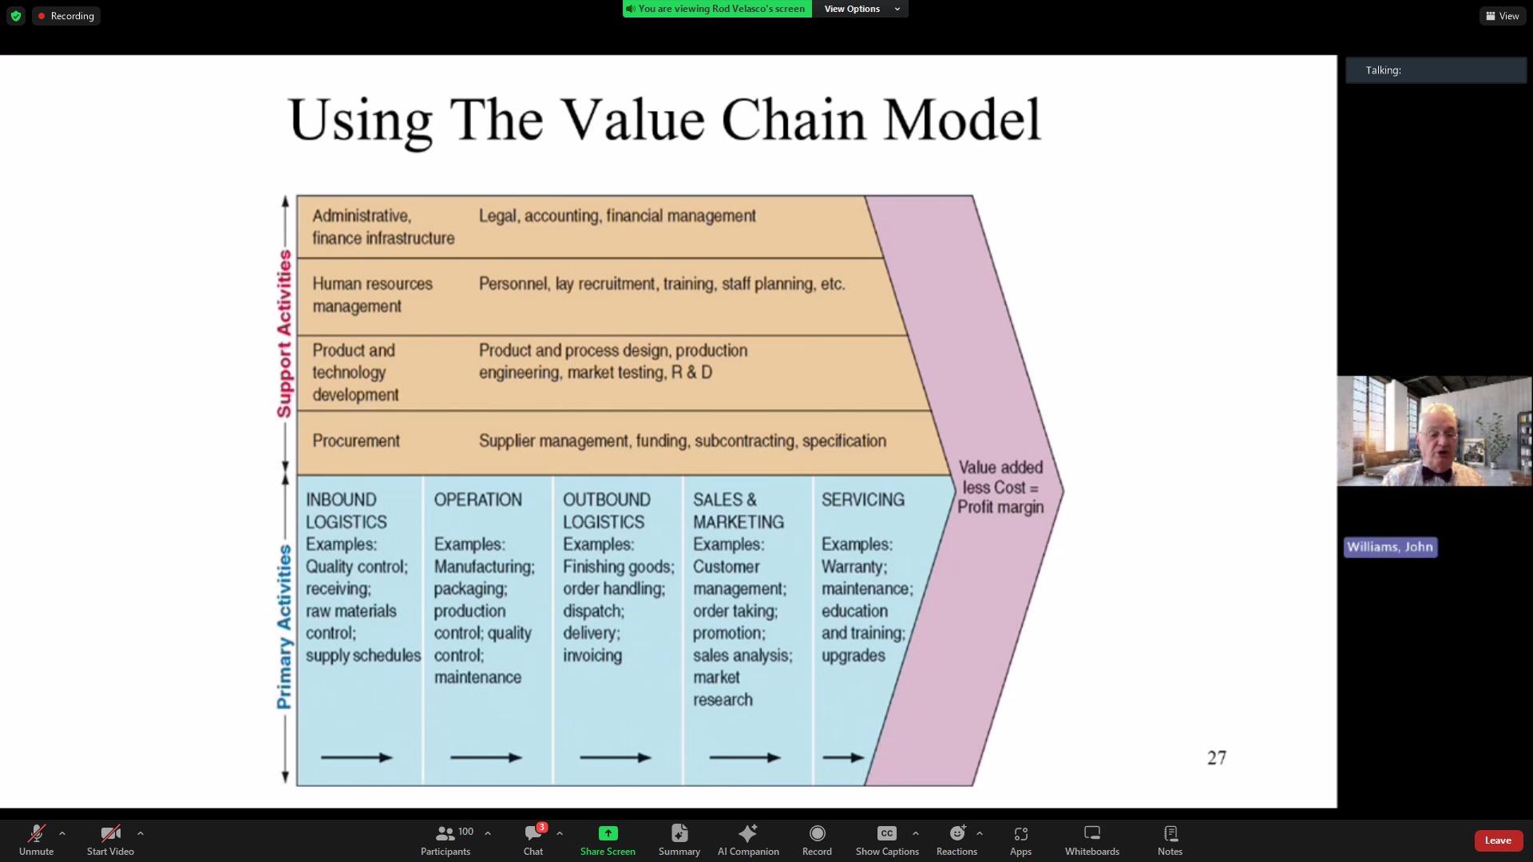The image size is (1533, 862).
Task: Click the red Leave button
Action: (x=1498, y=840)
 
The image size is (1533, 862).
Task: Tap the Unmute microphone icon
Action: (x=36, y=834)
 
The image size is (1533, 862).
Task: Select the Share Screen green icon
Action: (x=608, y=833)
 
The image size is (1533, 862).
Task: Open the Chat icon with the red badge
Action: (x=533, y=833)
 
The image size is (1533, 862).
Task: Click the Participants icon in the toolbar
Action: (x=446, y=833)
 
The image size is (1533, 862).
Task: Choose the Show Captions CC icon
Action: (x=886, y=833)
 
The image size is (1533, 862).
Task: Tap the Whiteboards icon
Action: (x=1091, y=833)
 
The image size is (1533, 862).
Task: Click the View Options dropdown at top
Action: (x=860, y=9)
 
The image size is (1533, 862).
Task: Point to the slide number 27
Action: (x=1216, y=757)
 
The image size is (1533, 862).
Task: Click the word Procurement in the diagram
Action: (x=356, y=441)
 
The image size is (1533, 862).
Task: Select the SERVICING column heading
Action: (x=862, y=500)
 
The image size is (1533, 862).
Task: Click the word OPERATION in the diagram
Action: (x=477, y=500)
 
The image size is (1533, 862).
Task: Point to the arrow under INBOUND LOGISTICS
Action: (x=356, y=757)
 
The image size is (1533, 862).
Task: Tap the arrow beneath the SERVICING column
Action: (x=843, y=757)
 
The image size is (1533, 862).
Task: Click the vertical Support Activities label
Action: (x=284, y=334)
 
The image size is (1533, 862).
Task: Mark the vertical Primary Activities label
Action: (x=284, y=627)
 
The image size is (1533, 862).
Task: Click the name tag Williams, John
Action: (x=1390, y=547)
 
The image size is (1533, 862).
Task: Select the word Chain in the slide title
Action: (x=794, y=121)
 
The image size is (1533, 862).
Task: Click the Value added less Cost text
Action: (x=1000, y=477)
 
